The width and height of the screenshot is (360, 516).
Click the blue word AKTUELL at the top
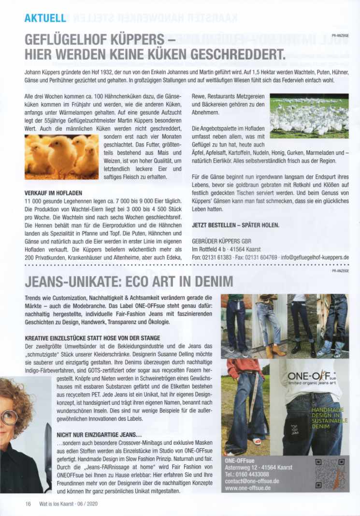[44, 18]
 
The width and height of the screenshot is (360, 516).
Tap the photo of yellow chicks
[61, 157]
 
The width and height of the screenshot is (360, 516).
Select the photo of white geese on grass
[309, 116]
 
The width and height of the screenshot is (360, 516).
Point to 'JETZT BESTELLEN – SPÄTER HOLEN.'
[235, 225]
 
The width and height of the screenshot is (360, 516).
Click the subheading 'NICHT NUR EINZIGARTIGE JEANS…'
[99, 434]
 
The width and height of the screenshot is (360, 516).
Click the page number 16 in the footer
[28, 503]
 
